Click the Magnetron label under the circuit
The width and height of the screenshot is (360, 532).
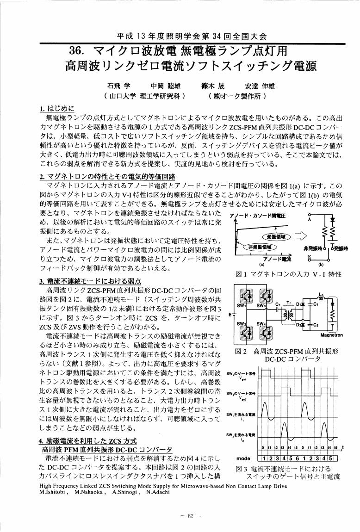tap(331, 347)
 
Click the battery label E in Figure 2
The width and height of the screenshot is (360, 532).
tap(230, 315)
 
